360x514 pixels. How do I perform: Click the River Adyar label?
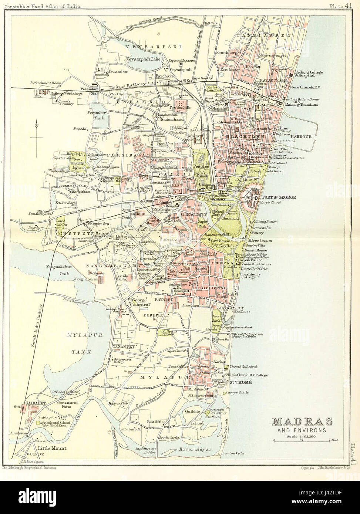[192, 450]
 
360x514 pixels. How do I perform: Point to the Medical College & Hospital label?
[309, 73]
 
